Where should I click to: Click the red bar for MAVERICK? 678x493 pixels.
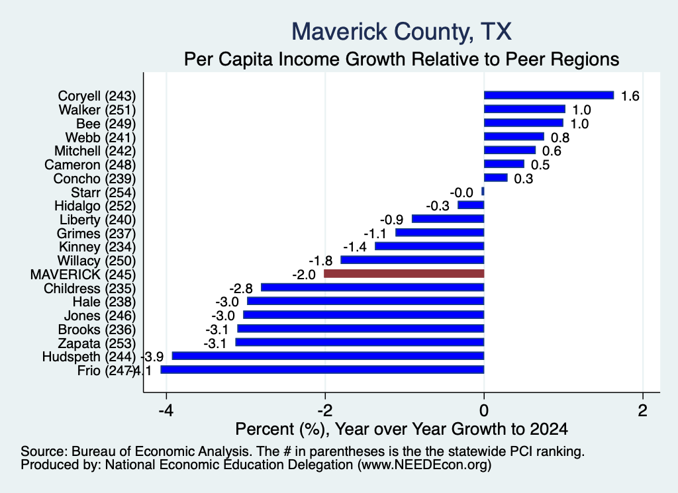point(404,273)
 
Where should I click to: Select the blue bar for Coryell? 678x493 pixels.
point(549,95)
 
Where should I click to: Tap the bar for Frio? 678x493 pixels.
point(322,369)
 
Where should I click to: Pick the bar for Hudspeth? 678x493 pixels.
point(328,355)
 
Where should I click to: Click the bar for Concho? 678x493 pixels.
point(495,177)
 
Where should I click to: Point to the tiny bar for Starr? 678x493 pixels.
point(483,191)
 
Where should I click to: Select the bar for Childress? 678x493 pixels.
point(372,287)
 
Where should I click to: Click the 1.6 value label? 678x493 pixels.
point(630,96)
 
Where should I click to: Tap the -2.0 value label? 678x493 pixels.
point(303,275)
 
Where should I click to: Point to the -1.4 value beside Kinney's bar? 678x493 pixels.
point(355,247)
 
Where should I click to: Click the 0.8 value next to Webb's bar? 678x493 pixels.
point(560,138)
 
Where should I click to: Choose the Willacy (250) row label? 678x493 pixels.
point(97,261)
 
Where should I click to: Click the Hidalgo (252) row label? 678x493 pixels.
point(95,206)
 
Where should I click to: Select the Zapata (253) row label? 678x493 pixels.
point(97,343)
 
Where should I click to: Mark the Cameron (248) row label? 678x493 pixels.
point(90,165)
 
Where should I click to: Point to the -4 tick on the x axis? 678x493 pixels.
point(166,410)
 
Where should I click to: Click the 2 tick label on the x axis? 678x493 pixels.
point(643,410)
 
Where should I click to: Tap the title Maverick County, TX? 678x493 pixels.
point(402,32)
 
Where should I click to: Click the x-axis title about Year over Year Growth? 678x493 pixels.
point(402,429)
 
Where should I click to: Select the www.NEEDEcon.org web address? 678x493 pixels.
point(424,465)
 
